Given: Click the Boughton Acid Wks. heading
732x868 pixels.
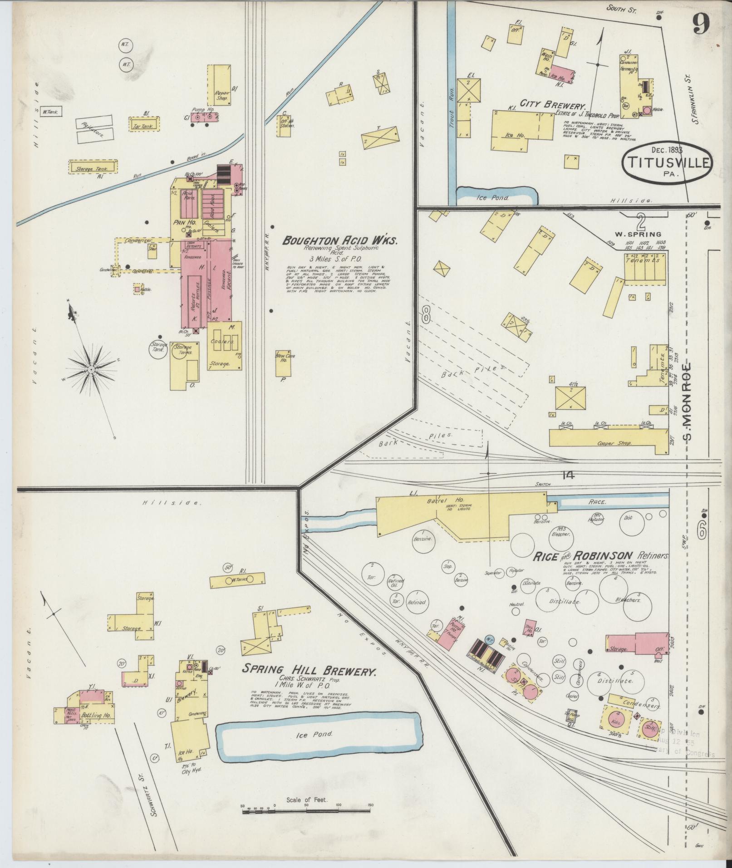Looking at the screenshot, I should click(x=340, y=240).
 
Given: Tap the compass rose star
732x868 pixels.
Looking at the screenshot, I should click(x=91, y=370).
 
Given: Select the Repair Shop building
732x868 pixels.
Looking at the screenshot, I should click(x=220, y=85).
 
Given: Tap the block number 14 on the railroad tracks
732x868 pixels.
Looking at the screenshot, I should click(x=567, y=476).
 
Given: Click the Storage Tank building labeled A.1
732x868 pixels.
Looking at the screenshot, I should click(x=93, y=167).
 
